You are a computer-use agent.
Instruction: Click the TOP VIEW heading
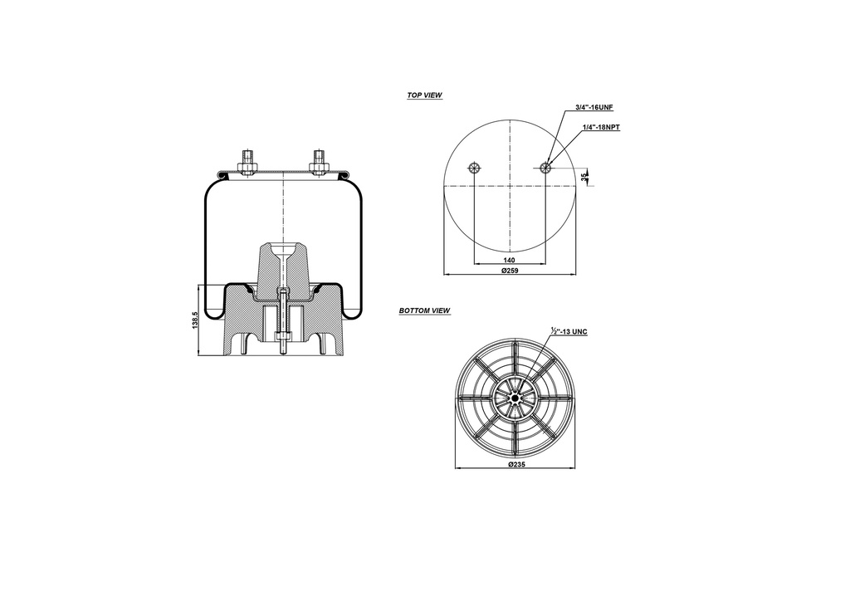(424, 95)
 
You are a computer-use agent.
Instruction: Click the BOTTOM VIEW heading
(424, 310)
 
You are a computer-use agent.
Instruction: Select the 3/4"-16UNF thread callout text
(594, 109)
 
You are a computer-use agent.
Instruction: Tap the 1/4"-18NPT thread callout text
(601, 127)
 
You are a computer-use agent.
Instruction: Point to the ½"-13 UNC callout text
(569, 331)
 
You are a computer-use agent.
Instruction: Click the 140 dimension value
(510, 260)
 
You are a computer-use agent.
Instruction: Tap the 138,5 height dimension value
(195, 320)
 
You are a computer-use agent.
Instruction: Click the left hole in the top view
(474, 168)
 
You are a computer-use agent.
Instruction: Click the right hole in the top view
(545, 168)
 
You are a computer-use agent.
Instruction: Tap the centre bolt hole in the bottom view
(515, 398)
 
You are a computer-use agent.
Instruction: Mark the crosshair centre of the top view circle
(509, 186)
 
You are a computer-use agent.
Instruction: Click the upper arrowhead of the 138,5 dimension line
(200, 287)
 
